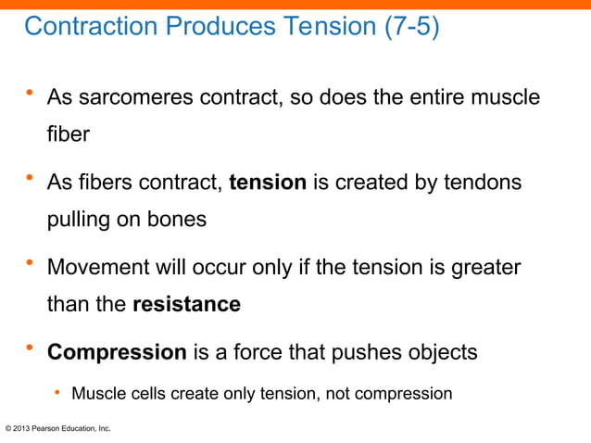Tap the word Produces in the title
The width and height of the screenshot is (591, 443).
coord(208,27)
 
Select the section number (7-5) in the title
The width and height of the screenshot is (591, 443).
coord(411,27)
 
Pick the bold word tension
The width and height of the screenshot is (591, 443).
coord(267,183)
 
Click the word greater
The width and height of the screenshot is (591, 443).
coord(488,268)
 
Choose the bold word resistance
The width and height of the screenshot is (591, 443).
coord(186,304)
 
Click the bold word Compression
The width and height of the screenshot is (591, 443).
coord(117,352)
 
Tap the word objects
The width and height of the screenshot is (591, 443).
coord(444,352)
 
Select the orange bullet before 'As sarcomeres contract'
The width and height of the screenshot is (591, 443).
coord(31,94)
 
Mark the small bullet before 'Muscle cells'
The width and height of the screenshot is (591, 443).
coord(57,393)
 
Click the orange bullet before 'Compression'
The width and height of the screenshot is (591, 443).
coord(31,349)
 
